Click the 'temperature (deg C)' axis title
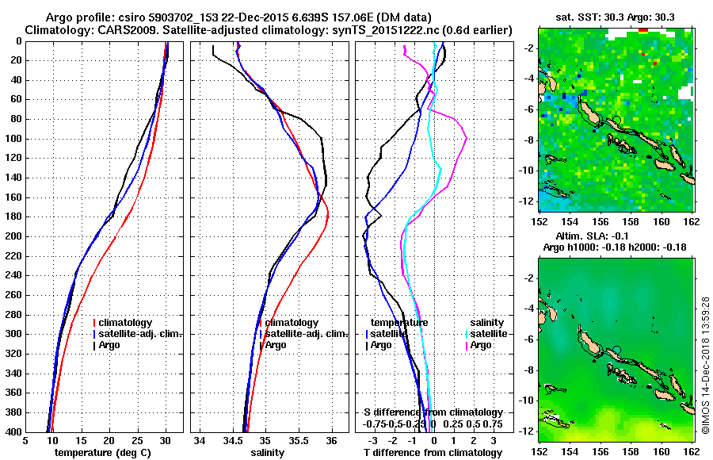coord(102,453)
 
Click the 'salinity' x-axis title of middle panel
coord(267,453)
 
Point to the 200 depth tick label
coord(13,236)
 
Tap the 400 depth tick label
coord(13,432)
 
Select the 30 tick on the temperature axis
coord(166,441)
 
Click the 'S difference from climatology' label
coord(433,413)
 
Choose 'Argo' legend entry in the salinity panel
coord(276,346)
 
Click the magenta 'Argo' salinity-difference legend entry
coord(481,346)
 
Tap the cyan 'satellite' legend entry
coord(488,335)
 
